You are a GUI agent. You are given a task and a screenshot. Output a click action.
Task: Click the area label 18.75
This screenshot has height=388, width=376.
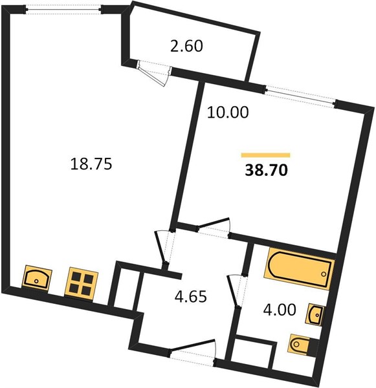[91, 164]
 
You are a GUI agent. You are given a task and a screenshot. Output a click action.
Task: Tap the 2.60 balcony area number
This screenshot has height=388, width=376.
[186, 47]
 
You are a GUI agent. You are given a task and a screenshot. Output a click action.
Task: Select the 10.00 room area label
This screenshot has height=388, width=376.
[228, 113]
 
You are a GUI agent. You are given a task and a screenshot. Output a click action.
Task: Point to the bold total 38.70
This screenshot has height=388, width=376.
[266, 170]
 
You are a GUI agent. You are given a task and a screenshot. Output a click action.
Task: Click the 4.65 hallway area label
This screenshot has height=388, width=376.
[191, 296]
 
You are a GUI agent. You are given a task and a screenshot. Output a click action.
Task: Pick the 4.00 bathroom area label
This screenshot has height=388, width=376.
[280, 310]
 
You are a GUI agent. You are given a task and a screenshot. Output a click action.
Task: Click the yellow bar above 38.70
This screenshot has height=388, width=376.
[265, 155]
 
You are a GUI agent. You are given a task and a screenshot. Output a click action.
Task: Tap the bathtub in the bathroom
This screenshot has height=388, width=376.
[299, 271]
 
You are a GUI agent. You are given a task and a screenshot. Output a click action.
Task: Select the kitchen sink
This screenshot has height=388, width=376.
[37, 278]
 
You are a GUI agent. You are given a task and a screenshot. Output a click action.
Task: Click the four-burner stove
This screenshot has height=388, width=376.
[82, 282]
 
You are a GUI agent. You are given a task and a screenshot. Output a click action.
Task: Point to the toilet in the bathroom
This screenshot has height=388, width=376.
[301, 345]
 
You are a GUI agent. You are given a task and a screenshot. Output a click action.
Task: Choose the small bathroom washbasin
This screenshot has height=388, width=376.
[314, 314]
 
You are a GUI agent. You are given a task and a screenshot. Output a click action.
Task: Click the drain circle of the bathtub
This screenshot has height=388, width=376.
[324, 274]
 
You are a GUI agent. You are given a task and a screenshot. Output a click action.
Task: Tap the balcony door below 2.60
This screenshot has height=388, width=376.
[154, 73]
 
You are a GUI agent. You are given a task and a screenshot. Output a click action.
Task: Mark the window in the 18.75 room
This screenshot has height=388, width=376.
[63, 10]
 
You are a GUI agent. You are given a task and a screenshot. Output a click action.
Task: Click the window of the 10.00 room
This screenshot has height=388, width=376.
[300, 96]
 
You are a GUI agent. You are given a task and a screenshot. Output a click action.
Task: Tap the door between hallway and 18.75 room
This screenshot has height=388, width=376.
[164, 248]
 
